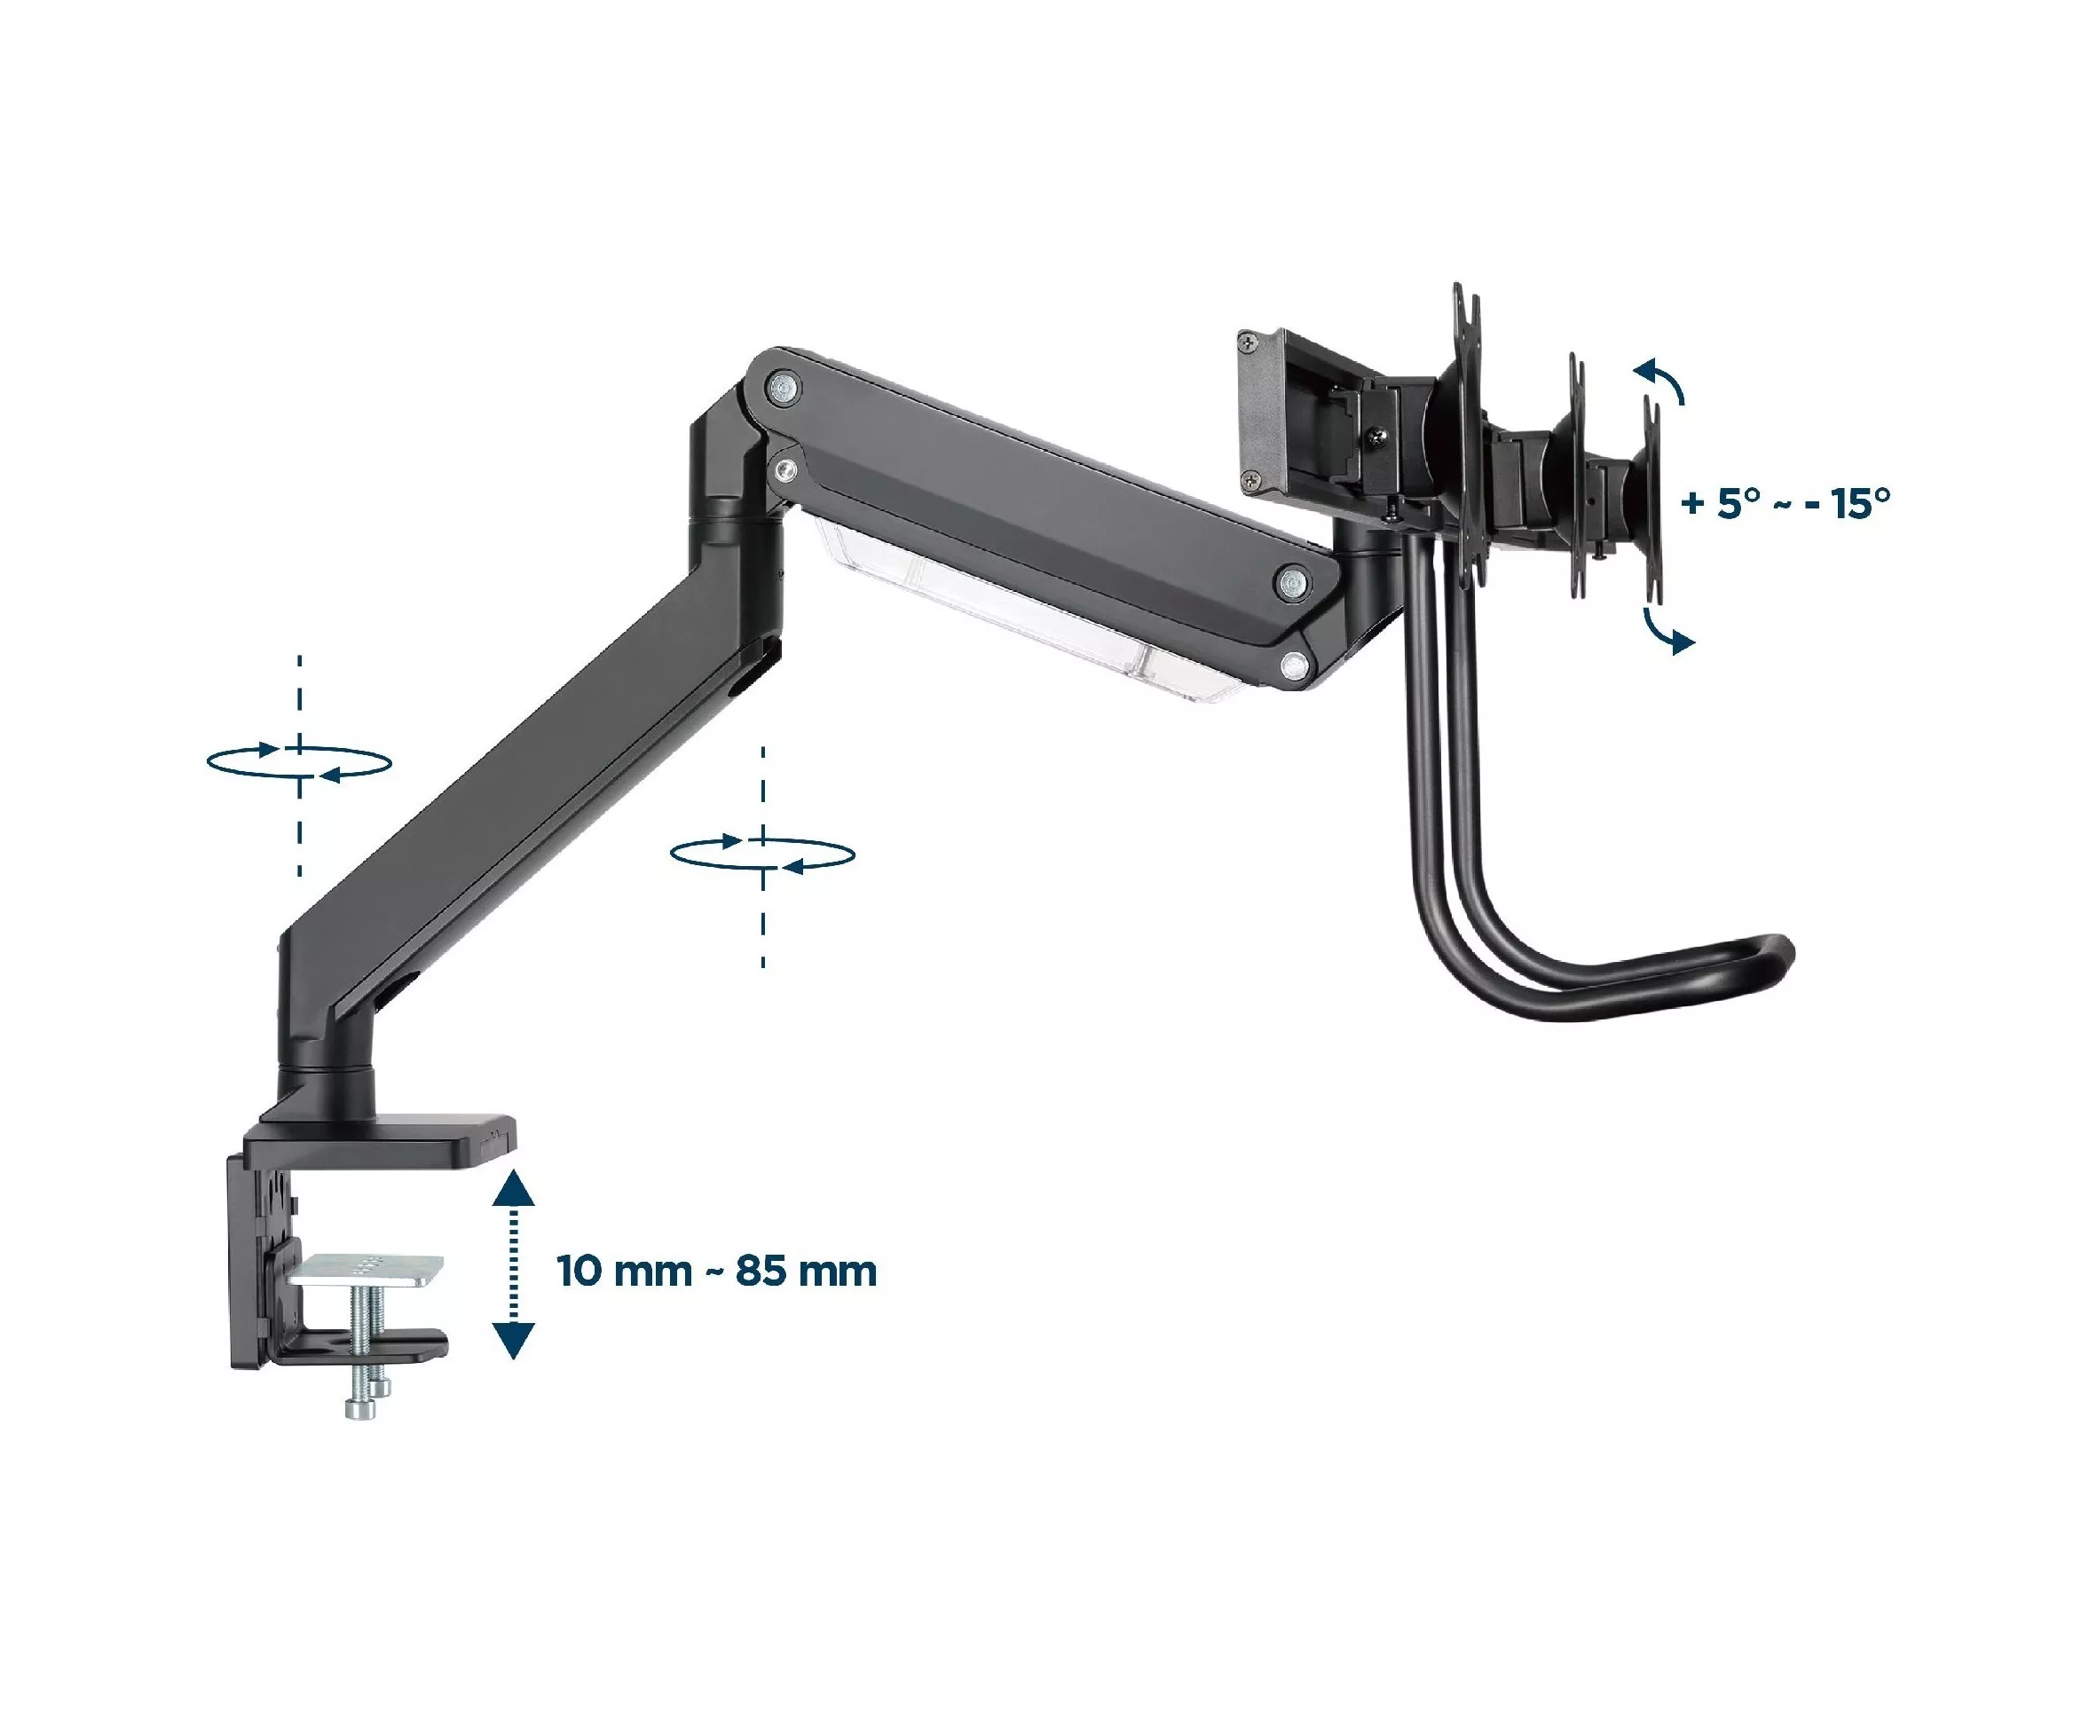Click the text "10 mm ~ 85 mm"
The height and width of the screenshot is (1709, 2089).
coord(717,1271)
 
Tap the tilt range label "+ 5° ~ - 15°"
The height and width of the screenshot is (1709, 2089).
coord(1786,503)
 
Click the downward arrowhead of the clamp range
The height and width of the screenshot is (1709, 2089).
coord(513,1341)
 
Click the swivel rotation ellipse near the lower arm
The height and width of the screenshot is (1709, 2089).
coord(299,762)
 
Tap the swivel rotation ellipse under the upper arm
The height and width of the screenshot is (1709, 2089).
coord(763,854)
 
